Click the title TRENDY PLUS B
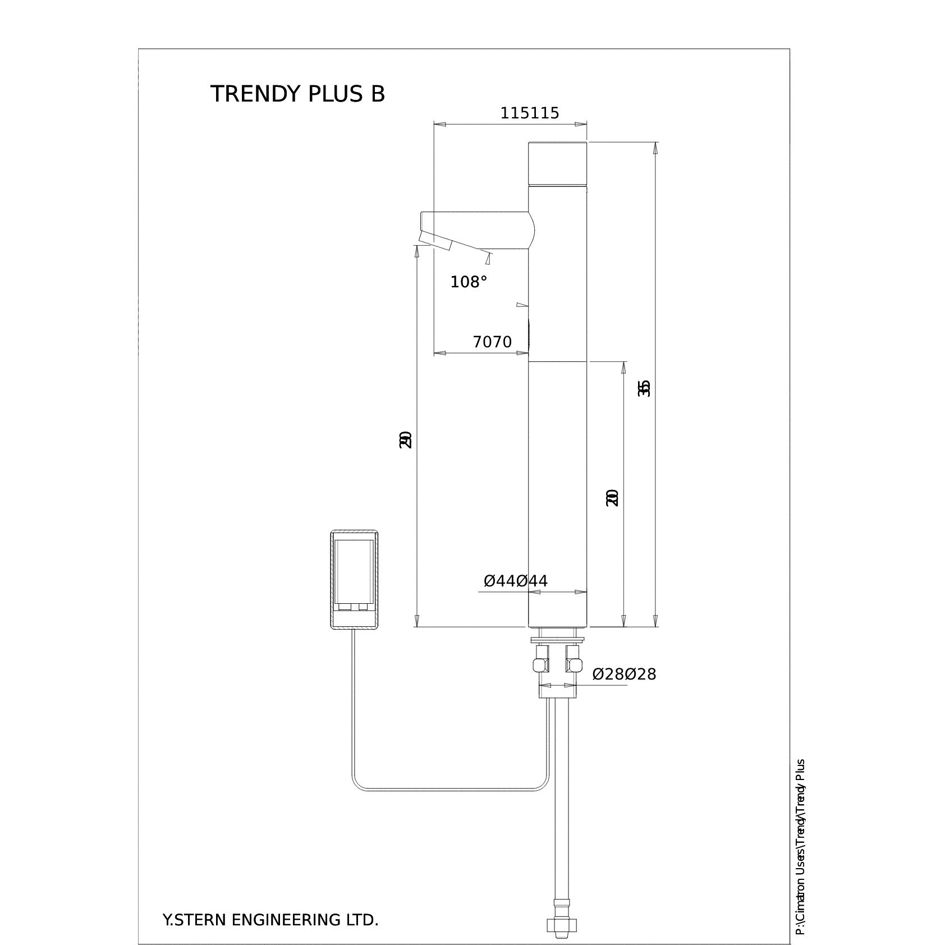point(297,94)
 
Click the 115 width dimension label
point(529,113)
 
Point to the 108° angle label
point(469,282)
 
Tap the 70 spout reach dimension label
point(492,342)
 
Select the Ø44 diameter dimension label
point(515,581)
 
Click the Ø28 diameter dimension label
point(624,674)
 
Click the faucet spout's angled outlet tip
point(435,242)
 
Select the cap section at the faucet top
point(558,163)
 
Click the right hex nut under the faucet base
point(574,660)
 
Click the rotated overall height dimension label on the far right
point(645,388)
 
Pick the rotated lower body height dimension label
point(612,497)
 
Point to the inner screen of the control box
point(354,571)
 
